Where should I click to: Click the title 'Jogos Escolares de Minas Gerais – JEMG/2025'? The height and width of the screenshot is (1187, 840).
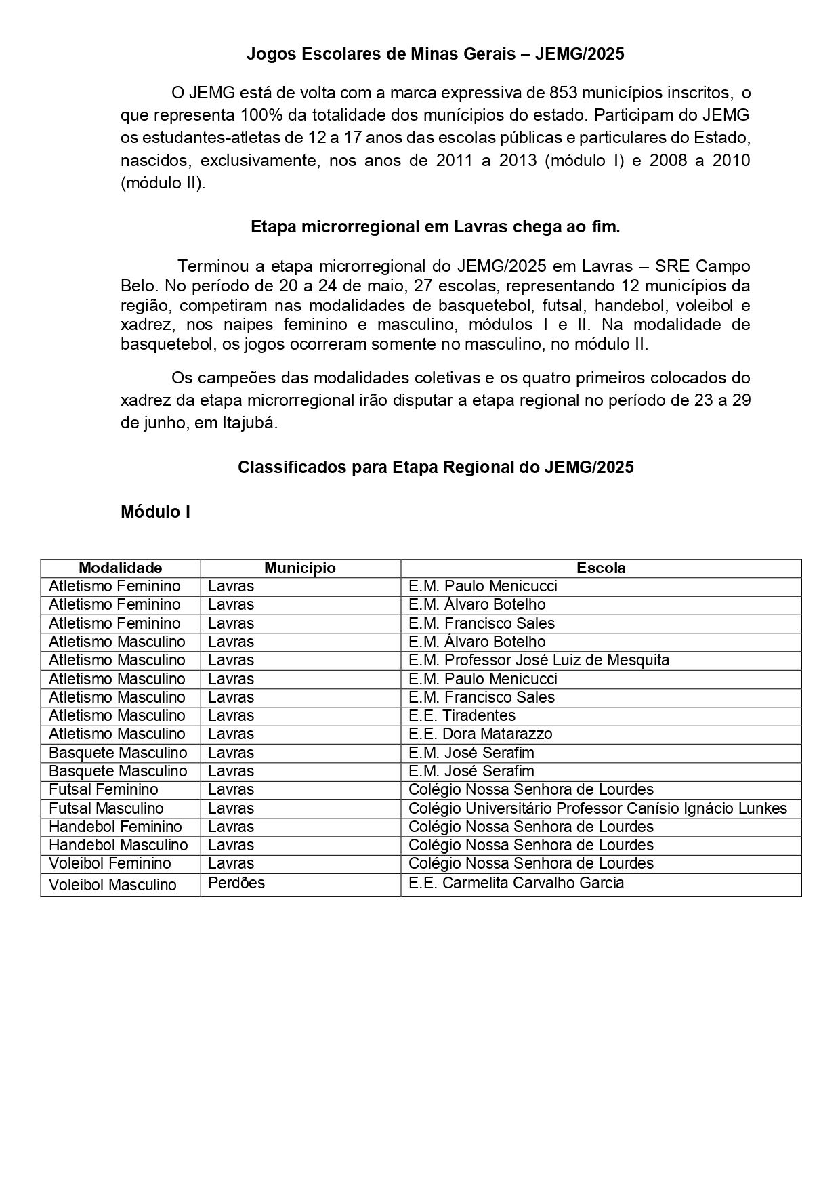[x=435, y=54]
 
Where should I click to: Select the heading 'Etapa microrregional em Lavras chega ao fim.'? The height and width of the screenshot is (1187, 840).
[x=435, y=227]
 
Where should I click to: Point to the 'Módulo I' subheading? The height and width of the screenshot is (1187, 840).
[x=155, y=512]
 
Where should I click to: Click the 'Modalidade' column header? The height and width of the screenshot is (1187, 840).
[x=121, y=568]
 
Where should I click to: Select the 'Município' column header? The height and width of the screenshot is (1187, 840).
[x=299, y=568]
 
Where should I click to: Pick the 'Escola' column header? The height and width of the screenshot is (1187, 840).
[x=600, y=568]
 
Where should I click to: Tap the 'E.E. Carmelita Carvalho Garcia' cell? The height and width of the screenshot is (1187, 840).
[x=516, y=883]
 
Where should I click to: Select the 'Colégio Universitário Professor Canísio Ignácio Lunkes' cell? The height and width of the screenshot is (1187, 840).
[x=597, y=808]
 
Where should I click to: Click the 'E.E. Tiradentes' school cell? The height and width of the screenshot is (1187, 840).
[x=461, y=715]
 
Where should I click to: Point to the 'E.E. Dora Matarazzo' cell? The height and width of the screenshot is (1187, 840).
[x=480, y=734]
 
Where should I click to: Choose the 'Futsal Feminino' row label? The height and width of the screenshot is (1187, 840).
[x=104, y=789]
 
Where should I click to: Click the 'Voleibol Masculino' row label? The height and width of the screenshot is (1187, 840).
[x=112, y=885]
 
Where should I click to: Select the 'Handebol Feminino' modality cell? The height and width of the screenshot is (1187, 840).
[x=115, y=827]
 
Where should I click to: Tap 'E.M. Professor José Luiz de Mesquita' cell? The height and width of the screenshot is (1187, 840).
[x=539, y=660]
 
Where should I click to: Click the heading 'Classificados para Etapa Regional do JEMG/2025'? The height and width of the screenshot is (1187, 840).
[x=435, y=467]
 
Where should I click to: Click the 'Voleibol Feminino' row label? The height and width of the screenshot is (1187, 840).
[x=110, y=863]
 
